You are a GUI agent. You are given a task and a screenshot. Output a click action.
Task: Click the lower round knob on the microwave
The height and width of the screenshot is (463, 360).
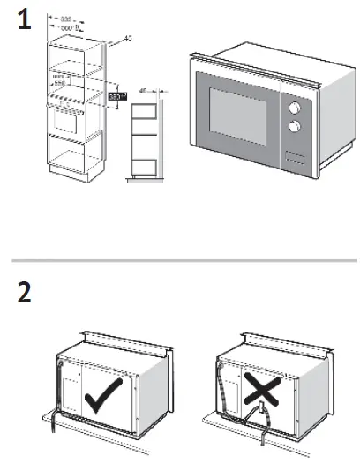click(292, 127)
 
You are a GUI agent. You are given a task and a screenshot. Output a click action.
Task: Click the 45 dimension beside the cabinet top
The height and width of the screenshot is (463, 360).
click(128, 37)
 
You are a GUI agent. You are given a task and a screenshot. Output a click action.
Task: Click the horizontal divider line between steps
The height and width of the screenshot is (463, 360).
click(180, 262)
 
